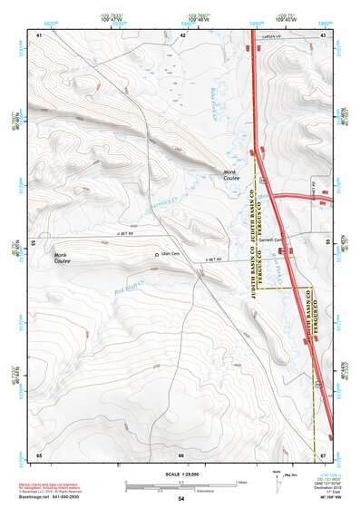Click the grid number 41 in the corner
39,34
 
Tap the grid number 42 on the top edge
183,34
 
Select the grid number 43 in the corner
323,34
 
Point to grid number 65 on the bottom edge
39,455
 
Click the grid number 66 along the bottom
181,455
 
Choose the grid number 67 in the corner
323,455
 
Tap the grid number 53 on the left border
34,243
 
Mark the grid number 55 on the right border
328,243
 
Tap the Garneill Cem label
274,240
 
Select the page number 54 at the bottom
181,500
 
